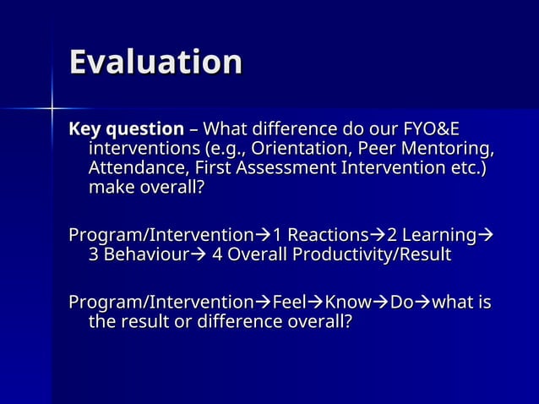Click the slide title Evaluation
155,63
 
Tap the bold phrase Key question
126,130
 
